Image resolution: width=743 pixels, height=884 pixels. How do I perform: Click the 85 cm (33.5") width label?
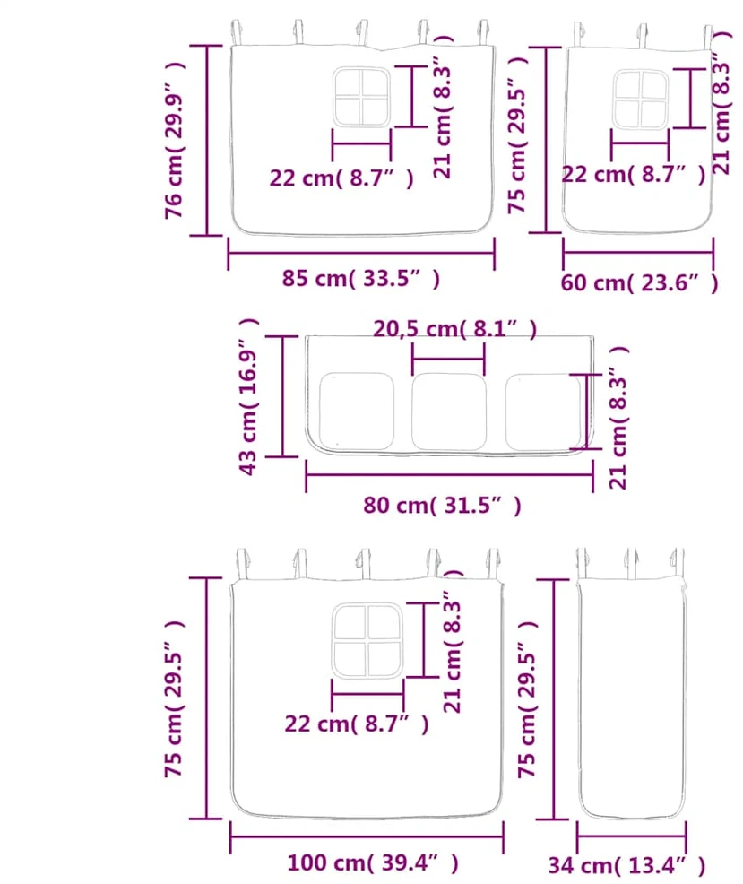click(x=361, y=279)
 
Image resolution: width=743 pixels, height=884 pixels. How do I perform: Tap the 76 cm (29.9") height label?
click(x=175, y=140)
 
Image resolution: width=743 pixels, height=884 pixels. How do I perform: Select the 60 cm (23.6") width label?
click(x=639, y=282)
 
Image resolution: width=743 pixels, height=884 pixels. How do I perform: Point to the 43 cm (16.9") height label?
click(x=248, y=397)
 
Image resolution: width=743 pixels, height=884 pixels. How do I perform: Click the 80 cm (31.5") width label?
click(x=442, y=505)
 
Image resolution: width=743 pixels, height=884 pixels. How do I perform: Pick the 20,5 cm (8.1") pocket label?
click(x=455, y=328)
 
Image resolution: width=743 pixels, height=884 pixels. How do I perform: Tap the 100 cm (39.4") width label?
click(x=373, y=862)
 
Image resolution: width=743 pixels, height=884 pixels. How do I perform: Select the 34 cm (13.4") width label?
click(x=626, y=865)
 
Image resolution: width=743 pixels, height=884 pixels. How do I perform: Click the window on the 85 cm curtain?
click(x=361, y=97)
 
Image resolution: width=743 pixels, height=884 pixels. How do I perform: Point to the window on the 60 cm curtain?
click(x=641, y=100)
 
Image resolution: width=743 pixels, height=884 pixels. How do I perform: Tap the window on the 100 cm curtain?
click(x=367, y=640)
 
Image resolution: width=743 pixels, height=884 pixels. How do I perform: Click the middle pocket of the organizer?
click(x=449, y=411)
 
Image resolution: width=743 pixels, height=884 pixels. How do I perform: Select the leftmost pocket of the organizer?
click(x=357, y=411)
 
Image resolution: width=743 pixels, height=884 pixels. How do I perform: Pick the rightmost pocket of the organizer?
click(x=543, y=411)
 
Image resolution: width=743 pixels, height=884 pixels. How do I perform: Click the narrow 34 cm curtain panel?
click(x=632, y=698)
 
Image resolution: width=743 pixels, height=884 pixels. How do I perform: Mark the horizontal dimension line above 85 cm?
click(x=361, y=253)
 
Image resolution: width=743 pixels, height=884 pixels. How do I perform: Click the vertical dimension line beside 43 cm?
click(x=281, y=396)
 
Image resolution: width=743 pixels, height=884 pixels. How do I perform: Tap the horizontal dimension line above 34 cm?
click(x=632, y=836)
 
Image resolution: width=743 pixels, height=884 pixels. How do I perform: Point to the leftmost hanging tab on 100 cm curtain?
click(x=242, y=564)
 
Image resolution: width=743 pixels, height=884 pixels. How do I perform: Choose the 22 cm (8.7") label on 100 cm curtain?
click(x=357, y=724)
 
